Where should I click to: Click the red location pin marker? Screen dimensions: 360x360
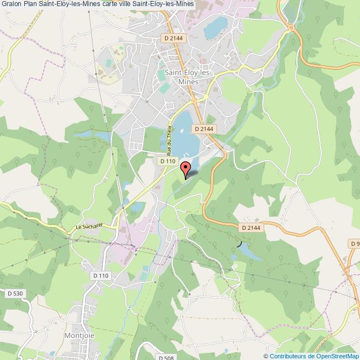coord(186,168)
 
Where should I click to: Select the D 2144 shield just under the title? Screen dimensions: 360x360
coord(173,38)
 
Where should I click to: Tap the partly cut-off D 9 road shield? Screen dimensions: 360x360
coord(354,244)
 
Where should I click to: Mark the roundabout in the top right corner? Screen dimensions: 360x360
coord(291,28)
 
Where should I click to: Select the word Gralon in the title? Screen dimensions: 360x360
coord(12,5)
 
